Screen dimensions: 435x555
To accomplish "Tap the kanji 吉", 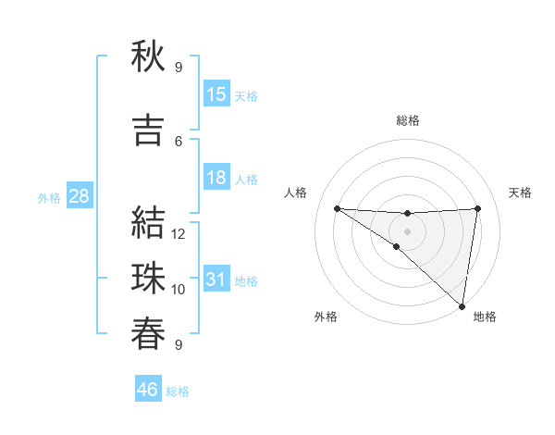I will [x=148, y=130].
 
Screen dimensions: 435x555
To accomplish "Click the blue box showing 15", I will [x=216, y=94].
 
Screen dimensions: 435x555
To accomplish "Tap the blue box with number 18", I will [x=216, y=178].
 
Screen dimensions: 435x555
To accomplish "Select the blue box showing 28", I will [x=79, y=196].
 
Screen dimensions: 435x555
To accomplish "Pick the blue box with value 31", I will [x=216, y=280].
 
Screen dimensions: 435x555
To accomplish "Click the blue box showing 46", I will [x=148, y=390].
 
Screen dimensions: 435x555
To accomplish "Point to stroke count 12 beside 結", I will [x=179, y=234].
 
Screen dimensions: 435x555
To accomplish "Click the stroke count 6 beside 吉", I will [x=179, y=142].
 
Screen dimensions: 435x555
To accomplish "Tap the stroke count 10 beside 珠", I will [x=179, y=290].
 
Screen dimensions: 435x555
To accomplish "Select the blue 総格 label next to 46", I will [x=178, y=391].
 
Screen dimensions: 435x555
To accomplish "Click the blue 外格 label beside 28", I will [x=49, y=197].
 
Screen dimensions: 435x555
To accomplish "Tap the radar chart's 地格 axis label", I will [x=485, y=317].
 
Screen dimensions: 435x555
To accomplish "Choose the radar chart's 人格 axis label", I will [x=296, y=193].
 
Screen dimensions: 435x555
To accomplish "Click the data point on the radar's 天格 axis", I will [x=477, y=208].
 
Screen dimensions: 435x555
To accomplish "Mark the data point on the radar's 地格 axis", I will [x=462, y=305].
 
